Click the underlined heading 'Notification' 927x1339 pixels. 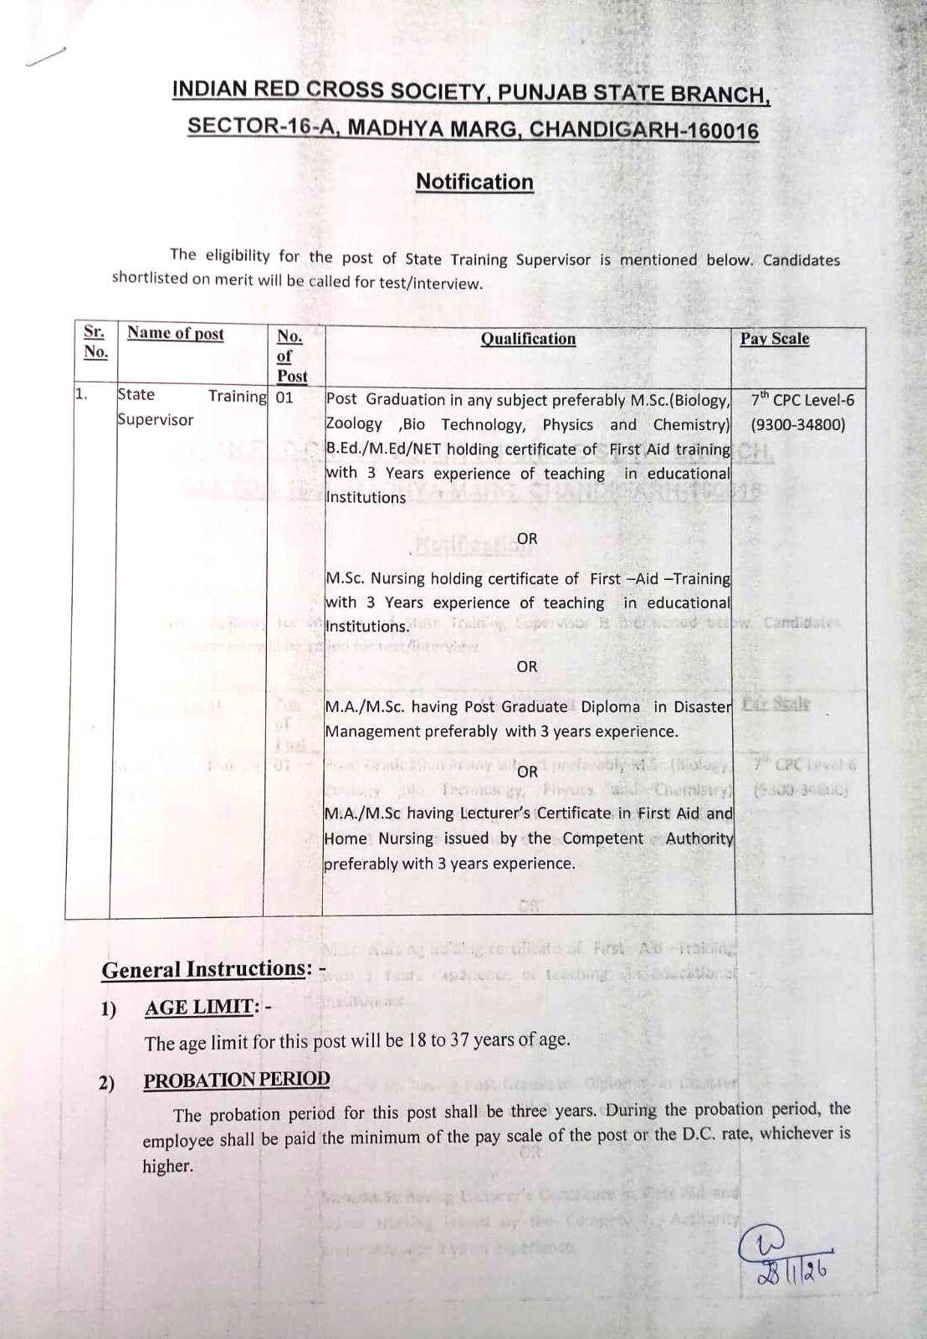tap(474, 182)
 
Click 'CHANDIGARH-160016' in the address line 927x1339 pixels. tap(644, 131)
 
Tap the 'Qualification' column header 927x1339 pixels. tap(528, 339)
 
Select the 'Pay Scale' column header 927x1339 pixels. tap(774, 339)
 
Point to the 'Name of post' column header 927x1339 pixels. tap(176, 333)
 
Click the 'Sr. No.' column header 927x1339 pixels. tap(95, 341)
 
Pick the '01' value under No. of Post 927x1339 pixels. tap(284, 398)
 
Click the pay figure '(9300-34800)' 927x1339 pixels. tap(797, 424)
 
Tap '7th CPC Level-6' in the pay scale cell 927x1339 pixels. tap(802, 400)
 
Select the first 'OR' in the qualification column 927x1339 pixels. tap(527, 538)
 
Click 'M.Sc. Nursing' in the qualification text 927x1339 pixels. tap(375, 578)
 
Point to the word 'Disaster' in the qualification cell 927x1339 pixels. tap(703, 707)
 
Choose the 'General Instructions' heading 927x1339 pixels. tap(203, 969)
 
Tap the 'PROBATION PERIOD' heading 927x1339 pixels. tap(237, 1080)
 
